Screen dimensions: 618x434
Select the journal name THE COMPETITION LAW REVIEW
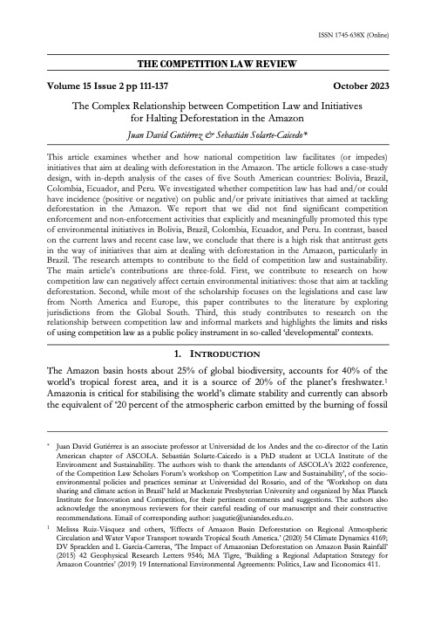(x=217, y=64)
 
